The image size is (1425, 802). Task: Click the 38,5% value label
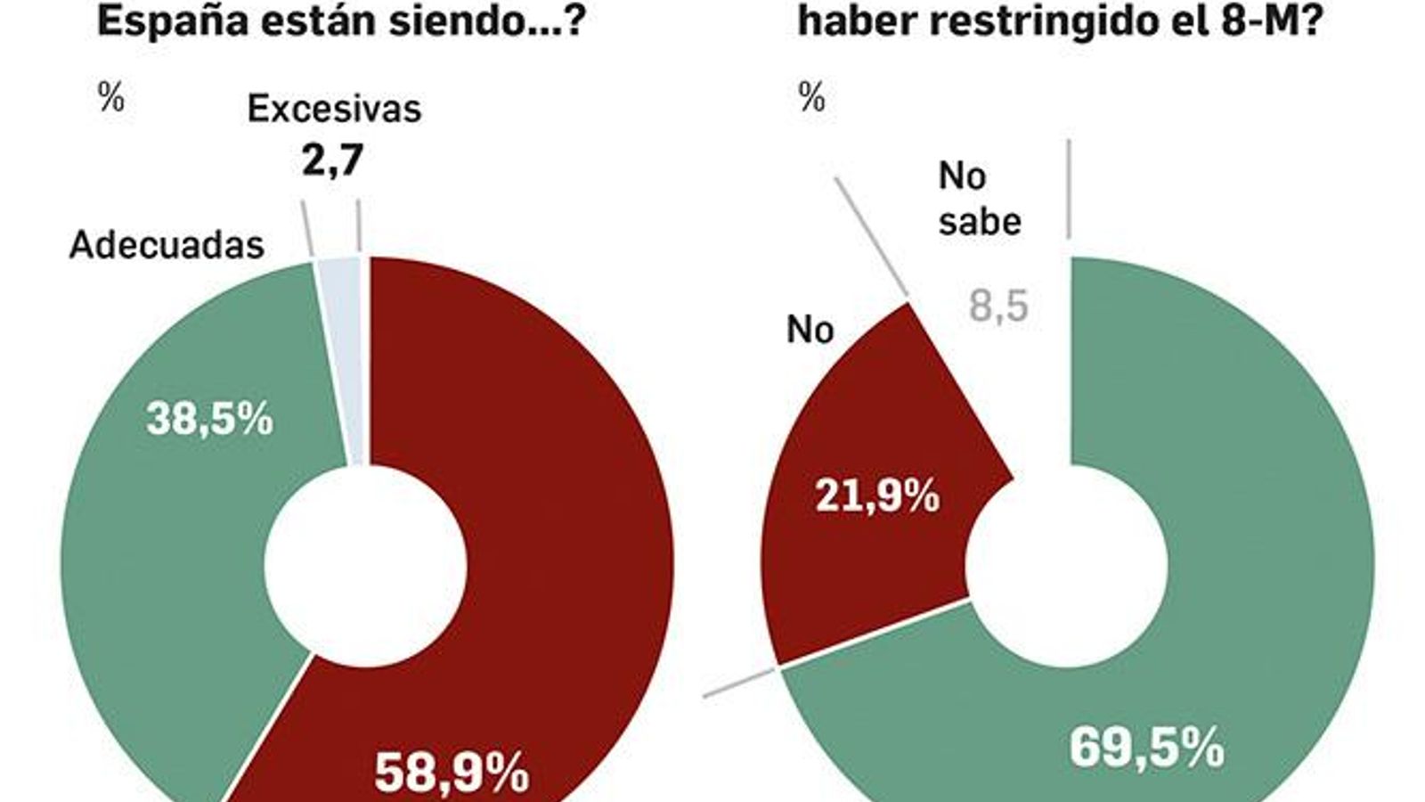209,420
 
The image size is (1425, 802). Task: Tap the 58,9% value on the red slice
452,772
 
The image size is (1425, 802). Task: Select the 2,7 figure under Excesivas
332,160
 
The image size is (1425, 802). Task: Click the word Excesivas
333,109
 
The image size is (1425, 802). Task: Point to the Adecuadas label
167,244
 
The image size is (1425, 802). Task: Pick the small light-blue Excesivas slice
350,356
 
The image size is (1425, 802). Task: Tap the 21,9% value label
876,495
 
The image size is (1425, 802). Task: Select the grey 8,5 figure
998,307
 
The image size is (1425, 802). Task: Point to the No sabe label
978,199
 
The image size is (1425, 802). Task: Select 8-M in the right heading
1251,20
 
